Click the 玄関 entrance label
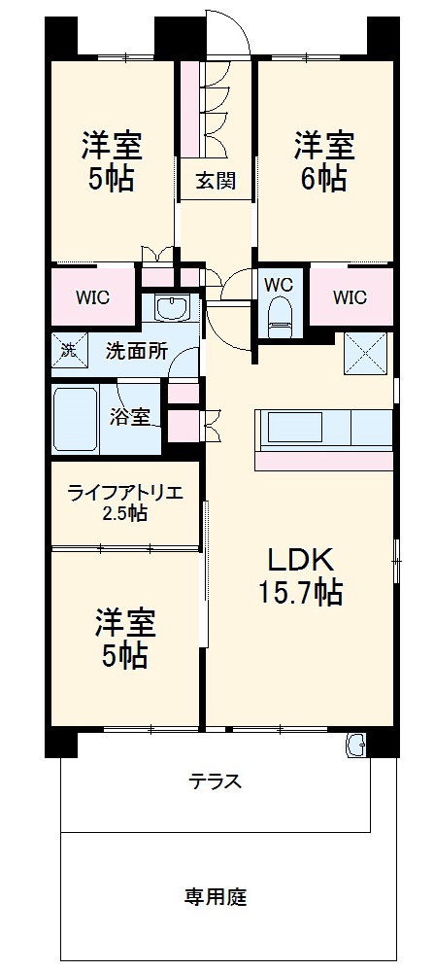coord(215,181)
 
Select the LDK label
coord(301,560)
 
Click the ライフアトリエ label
coord(124,493)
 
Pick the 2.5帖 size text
coord(124,512)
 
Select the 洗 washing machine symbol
coord(69,351)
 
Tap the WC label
coord(278,284)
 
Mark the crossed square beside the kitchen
coord(365,354)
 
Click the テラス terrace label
coord(215,781)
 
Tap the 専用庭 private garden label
coord(215,895)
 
